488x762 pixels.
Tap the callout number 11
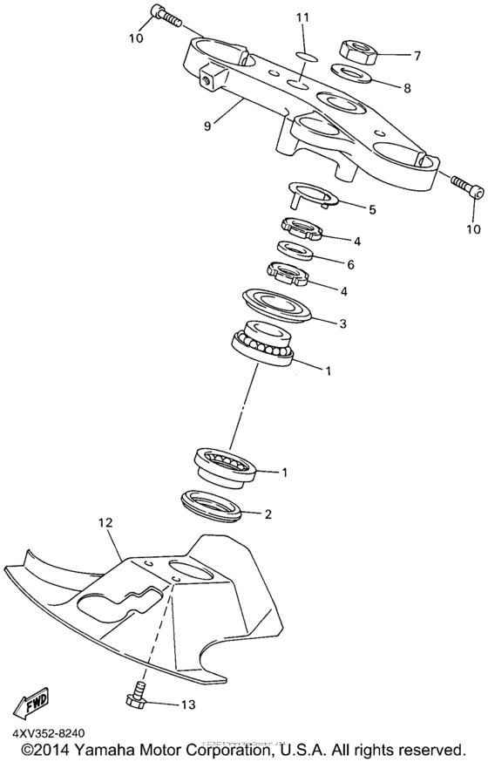click(302, 18)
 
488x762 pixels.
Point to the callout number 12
click(105, 523)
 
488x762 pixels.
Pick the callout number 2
click(268, 514)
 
